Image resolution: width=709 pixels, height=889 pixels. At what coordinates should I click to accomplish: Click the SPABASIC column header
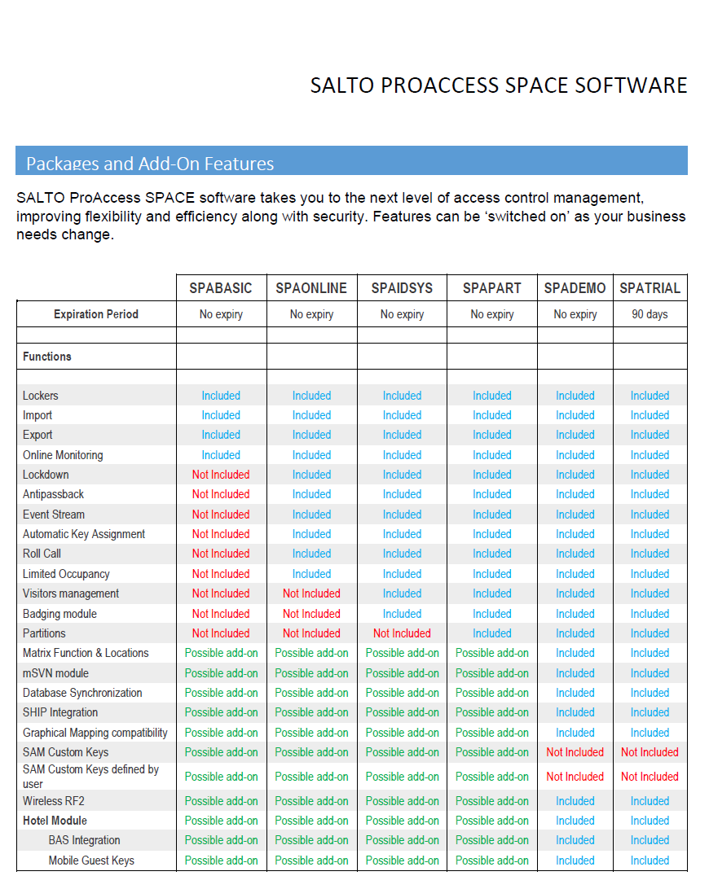pos(221,288)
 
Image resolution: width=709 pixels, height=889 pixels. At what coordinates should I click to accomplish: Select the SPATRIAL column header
pos(650,288)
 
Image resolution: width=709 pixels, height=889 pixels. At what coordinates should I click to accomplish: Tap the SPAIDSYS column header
pos(402,288)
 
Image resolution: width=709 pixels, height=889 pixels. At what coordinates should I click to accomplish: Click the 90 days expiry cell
pos(650,314)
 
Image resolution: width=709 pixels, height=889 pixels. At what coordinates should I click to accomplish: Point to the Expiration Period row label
pos(96,314)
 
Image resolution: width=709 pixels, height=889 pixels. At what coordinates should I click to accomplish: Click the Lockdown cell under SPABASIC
pos(221,475)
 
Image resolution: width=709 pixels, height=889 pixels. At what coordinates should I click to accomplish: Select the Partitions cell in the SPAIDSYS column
pos(402,633)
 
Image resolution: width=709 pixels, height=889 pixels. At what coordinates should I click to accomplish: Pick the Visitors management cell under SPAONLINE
pos(311,593)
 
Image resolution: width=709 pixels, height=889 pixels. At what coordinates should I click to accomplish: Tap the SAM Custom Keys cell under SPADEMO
pos(575,752)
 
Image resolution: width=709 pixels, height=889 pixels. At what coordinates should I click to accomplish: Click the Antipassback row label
pos(53,494)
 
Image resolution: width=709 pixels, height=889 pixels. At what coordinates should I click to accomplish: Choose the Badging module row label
pos(59,614)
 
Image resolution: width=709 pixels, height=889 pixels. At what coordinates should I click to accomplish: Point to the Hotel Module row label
pos(55,821)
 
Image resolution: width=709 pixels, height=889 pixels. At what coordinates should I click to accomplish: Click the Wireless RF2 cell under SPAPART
pos(492,801)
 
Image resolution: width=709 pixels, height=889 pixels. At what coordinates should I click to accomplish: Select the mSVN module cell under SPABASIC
pos(221,673)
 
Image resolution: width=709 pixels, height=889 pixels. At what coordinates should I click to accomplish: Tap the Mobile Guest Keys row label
pos(91,861)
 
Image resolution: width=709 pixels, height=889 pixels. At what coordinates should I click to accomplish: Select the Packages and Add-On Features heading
pos(150,164)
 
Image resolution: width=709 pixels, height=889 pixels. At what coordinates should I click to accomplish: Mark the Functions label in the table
pos(47,357)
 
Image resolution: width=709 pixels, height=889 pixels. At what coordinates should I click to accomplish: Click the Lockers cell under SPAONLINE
pos(311,396)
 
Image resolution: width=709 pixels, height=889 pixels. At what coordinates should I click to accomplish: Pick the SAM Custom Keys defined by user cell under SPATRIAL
pos(650,777)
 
